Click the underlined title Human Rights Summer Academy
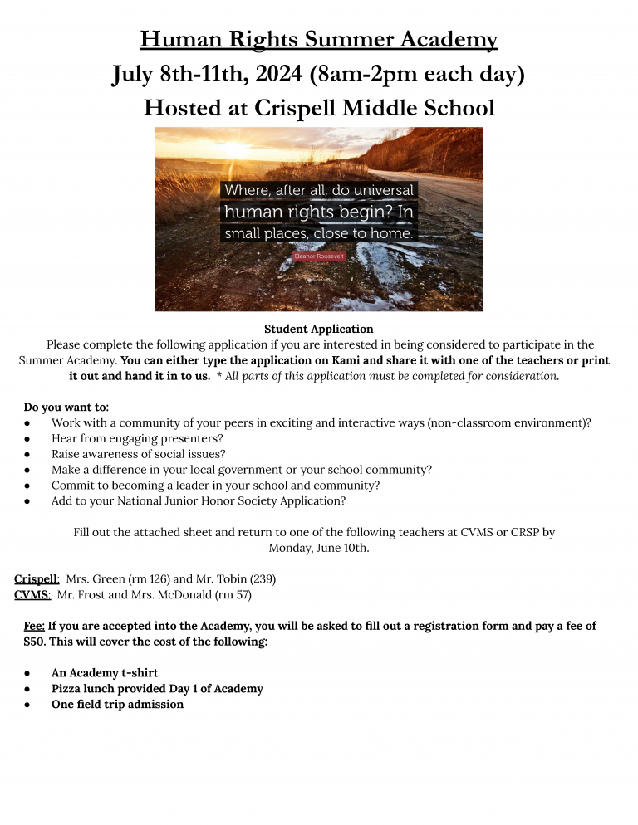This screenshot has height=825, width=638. coord(319,39)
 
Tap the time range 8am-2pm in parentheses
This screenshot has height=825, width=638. coord(416,74)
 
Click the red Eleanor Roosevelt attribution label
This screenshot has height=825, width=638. coord(319,257)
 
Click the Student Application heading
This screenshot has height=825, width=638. coord(319,329)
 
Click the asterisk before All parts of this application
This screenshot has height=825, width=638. coord(218,376)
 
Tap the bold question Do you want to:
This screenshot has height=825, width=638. coord(66,407)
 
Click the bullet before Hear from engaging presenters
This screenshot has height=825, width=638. coord(28,438)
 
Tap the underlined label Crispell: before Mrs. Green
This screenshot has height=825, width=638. coord(37,578)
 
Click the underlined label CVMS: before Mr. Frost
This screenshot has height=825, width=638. coord(32,594)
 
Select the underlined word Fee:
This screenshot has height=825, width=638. coord(34,626)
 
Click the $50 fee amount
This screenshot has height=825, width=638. coord(34,642)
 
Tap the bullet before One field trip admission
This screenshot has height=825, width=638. coord(28,705)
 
